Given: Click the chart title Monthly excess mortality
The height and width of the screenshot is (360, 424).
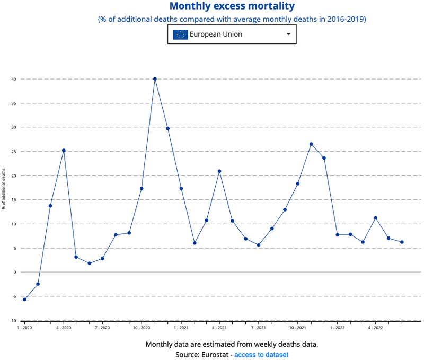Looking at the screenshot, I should point(232,6).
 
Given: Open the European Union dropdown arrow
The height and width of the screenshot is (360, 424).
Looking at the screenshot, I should point(288,34).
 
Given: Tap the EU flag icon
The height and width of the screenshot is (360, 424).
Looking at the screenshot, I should point(180,34).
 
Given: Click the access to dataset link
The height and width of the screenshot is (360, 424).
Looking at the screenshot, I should point(261,354).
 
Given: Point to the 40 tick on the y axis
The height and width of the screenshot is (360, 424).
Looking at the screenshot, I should point(14,79).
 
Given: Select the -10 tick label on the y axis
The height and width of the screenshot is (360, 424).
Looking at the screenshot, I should point(13,320).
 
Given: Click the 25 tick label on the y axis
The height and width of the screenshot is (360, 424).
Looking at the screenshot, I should point(14,152).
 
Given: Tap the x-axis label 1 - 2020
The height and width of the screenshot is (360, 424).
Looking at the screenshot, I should point(24,328).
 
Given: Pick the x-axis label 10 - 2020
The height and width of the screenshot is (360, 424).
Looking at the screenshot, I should point(142,328).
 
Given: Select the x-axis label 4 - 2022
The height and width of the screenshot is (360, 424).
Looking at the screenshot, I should point(375,328).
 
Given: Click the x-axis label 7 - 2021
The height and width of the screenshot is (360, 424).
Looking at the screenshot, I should point(259,328).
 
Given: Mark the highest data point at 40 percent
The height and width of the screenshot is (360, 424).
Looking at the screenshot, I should point(155,79).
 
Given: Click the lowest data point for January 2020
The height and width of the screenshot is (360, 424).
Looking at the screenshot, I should point(24,300).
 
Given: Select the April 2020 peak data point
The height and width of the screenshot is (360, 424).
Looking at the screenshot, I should point(64,150).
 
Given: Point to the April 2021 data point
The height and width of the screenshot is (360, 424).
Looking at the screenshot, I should point(219,171).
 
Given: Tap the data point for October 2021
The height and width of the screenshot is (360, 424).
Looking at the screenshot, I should point(298,183).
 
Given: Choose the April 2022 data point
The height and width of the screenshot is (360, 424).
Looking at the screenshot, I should point(376,218).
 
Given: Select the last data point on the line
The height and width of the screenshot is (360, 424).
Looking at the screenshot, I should point(402,242).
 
